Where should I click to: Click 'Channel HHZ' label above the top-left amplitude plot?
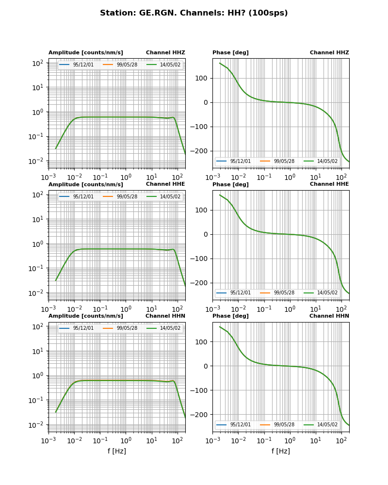point(165,53)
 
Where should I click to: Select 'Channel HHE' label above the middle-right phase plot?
point(329,184)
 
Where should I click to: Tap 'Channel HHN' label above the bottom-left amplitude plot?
point(165,316)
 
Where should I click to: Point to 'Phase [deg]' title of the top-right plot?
point(230,53)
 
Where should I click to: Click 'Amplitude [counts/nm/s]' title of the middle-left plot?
point(86,185)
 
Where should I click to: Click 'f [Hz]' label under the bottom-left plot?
point(117,451)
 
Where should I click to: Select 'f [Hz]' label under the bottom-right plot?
point(281,451)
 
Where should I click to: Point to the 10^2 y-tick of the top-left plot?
point(37,63)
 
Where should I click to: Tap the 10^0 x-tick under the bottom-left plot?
point(126,441)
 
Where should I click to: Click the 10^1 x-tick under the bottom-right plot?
point(316,441)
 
